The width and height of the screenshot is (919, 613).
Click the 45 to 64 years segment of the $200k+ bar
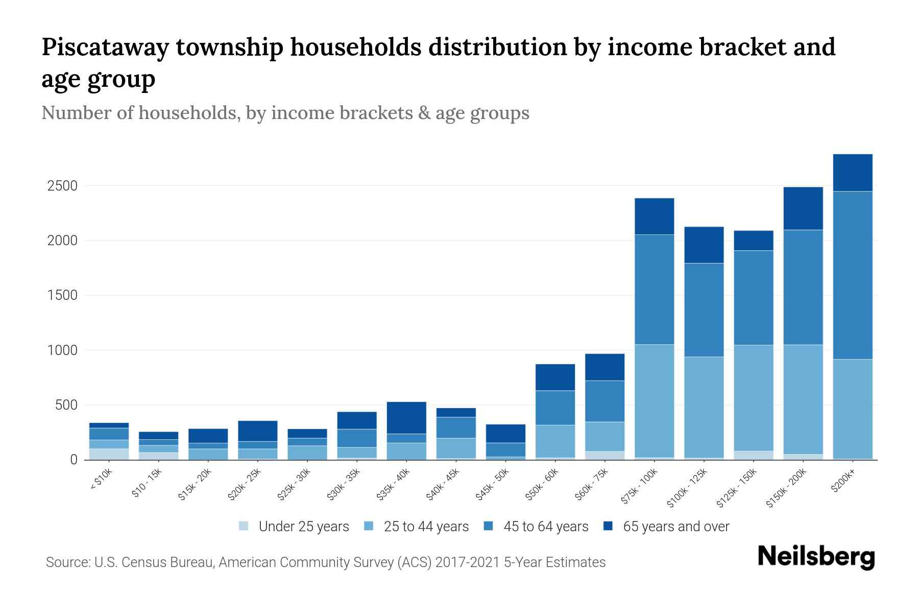click(x=852, y=275)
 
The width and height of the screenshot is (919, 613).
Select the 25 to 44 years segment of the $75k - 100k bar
click(x=654, y=401)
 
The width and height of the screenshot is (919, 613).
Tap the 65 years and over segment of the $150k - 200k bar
click(x=803, y=208)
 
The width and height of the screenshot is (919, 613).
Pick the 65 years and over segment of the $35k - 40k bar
click(x=406, y=418)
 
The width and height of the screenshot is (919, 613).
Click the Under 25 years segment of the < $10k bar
click(x=109, y=454)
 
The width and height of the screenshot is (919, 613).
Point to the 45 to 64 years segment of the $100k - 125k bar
click(x=704, y=310)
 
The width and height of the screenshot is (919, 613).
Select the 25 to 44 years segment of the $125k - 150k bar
click(x=753, y=398)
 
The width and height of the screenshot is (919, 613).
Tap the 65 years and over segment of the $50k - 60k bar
click(x=555, y=378)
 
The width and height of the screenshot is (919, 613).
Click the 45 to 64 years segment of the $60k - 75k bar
click(x=604, y=401)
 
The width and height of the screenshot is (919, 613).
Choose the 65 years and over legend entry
click(x=675, y=527)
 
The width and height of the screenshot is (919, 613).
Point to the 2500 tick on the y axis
click(x=62, y=186)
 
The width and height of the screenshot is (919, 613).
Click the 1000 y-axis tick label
click(x=62, y=350)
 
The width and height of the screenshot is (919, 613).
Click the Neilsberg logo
click(x=816, y=557)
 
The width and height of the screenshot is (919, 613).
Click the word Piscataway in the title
click(x=105, y=47)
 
